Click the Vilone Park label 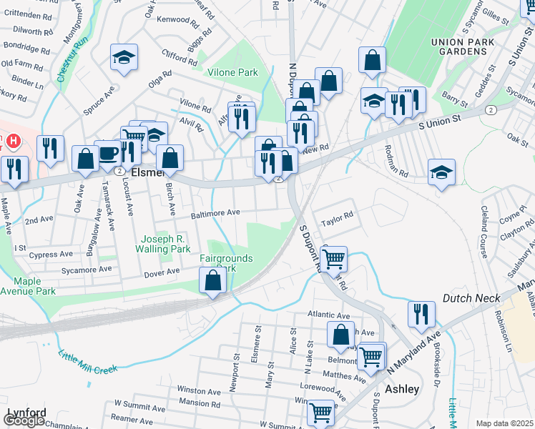coord(232,72)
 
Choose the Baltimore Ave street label coord(215,213)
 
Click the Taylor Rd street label coord(337,215)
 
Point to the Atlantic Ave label coord(328,314)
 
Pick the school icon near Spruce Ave coord(124,57)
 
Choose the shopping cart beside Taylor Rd coord(334,259)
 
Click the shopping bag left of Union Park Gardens coord(372,61)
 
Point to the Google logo coord(24,420)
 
